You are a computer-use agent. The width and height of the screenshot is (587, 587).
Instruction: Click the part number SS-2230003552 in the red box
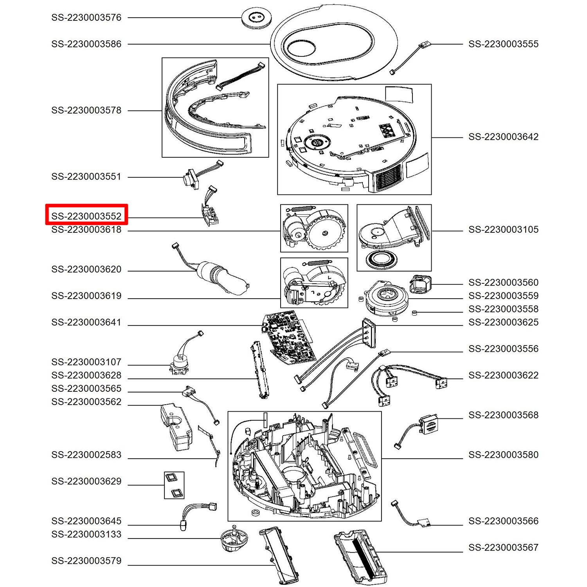(86, 216)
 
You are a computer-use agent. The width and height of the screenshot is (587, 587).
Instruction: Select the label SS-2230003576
(86, 17)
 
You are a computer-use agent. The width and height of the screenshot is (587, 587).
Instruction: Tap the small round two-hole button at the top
(256, 18)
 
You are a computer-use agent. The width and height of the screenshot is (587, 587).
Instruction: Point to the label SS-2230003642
(503, 137)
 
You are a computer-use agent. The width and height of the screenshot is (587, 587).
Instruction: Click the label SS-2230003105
(503, 229)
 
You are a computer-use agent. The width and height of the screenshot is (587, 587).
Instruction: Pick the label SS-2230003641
(86, 322)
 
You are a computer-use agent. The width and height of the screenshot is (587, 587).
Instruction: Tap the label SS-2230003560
(503, 282)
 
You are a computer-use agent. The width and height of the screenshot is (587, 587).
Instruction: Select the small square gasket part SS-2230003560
(420, 284)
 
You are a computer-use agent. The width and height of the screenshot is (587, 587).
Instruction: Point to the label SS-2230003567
(503, 547)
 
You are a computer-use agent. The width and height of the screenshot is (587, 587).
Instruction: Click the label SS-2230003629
(86, 481)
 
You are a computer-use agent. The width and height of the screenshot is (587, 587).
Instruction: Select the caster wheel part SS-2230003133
(234, 539)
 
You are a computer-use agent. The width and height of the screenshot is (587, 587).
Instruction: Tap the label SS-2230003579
(86, 561)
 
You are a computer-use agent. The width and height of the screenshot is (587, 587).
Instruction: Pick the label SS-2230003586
(86, 44)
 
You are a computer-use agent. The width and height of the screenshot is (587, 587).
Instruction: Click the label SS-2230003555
(503, 44)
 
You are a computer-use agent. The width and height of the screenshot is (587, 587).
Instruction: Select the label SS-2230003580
(503, 455)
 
